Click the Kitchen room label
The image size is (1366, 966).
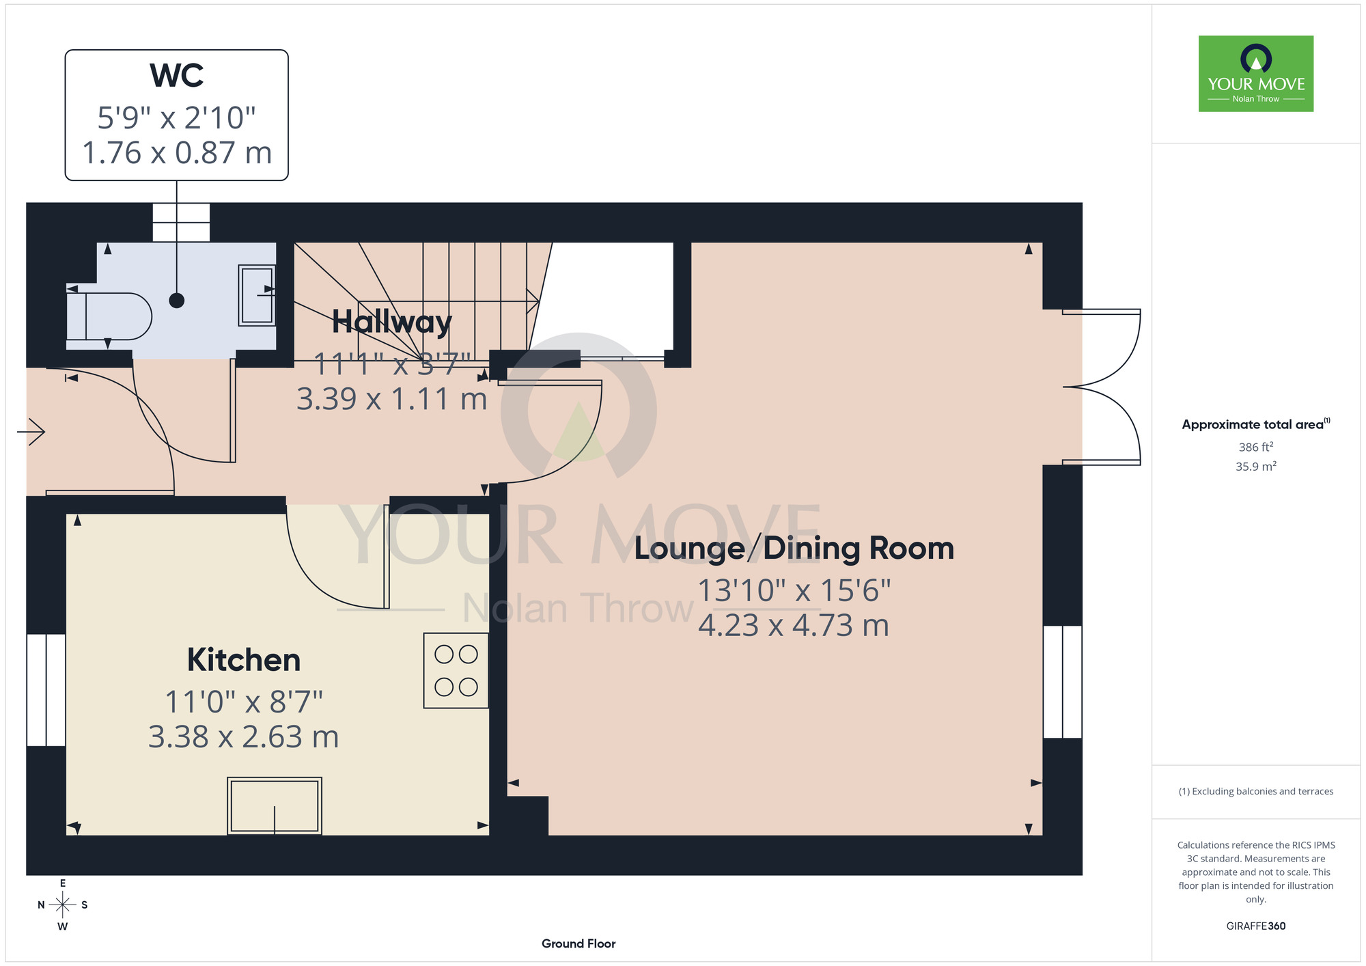(x=244, y=660)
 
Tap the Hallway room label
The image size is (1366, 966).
(x=392, y=322)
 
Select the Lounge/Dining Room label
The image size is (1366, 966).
(x=794, y=549)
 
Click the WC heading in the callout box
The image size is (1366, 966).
(x=177, y=75)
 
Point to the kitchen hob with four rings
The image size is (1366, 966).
(x=456, y=670)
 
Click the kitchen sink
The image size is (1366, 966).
(x=275, y=805)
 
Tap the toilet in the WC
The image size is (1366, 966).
(x=109, y=316)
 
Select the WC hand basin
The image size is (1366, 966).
(x=257, y=294)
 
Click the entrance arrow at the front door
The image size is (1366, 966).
(x=31, y=432)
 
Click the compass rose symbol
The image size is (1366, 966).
(x=63, y=905)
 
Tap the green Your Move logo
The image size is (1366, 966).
(x=1256, y=74)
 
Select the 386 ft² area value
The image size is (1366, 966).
(x=1256, y=447)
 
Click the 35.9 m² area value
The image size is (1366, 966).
(x=1256, y=467)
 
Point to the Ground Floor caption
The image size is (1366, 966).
(x=579, y=943)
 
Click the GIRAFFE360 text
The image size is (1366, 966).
(x=1256, y=926)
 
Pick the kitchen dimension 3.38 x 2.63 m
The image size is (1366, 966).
(x=244, y=737)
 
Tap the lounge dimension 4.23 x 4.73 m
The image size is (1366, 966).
(x=794, y=625)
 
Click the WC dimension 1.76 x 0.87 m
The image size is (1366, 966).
(x=177, y=152)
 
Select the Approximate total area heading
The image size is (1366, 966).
(x=1256, y=424)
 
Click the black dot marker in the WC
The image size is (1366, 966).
(x=177, y=300)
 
